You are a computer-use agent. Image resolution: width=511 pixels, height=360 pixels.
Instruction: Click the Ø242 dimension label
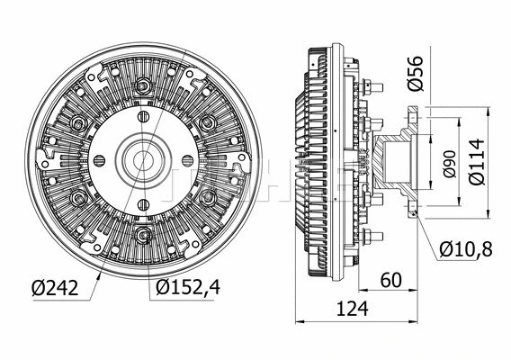52,288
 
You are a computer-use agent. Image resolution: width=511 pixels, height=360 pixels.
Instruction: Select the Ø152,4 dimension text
185,288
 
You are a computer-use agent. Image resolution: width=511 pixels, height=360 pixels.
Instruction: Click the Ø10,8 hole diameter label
467,248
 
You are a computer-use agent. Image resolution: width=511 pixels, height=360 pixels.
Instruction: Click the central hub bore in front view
142,161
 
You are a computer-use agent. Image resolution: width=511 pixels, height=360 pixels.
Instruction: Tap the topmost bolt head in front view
142,86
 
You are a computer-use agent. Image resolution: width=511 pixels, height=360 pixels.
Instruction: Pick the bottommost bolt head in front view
142,237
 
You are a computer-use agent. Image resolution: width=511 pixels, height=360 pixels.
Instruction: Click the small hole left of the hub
99,161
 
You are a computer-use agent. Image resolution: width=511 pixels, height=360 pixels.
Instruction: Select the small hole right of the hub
185,161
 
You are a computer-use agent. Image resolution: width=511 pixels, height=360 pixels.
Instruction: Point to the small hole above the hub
142,118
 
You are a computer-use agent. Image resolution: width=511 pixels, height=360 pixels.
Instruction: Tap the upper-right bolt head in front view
207,123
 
